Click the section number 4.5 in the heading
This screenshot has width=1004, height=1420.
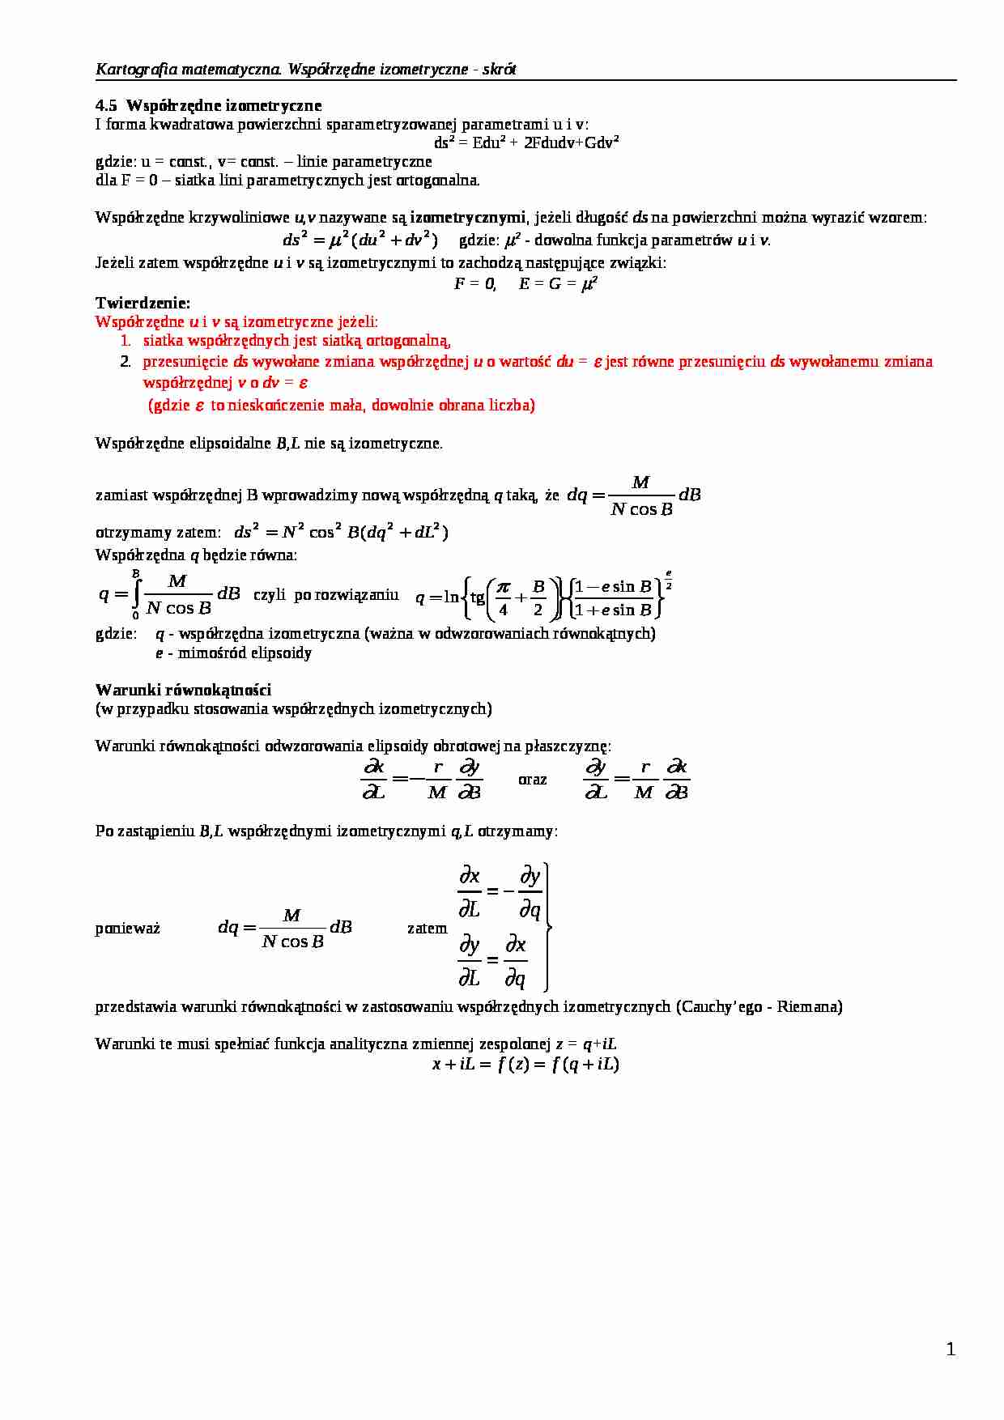tap(106, 105)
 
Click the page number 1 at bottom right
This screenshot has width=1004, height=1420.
tap(951, 1349)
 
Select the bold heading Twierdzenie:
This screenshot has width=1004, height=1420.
tap(143, 303)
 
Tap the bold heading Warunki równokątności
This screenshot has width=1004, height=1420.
tap(183, 690)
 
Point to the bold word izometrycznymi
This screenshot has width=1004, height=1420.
tap(467, 217)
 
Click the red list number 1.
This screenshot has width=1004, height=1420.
tap(125, 341)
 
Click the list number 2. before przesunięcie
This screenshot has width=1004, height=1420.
tap(125, 361)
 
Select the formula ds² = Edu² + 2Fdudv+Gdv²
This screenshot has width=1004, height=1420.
tap(526, 142)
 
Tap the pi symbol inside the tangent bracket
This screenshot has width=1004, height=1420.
tap(503, 587)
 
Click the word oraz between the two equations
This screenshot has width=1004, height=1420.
tap(532, 779)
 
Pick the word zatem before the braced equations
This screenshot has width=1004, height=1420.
tap(427, 928)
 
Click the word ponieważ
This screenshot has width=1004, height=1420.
tap(127, 928)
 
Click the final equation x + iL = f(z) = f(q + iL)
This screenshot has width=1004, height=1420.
tap(525, 1064)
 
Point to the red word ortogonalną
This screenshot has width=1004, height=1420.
tap(408, 341)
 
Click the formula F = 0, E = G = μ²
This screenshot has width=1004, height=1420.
tap(525, 283)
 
